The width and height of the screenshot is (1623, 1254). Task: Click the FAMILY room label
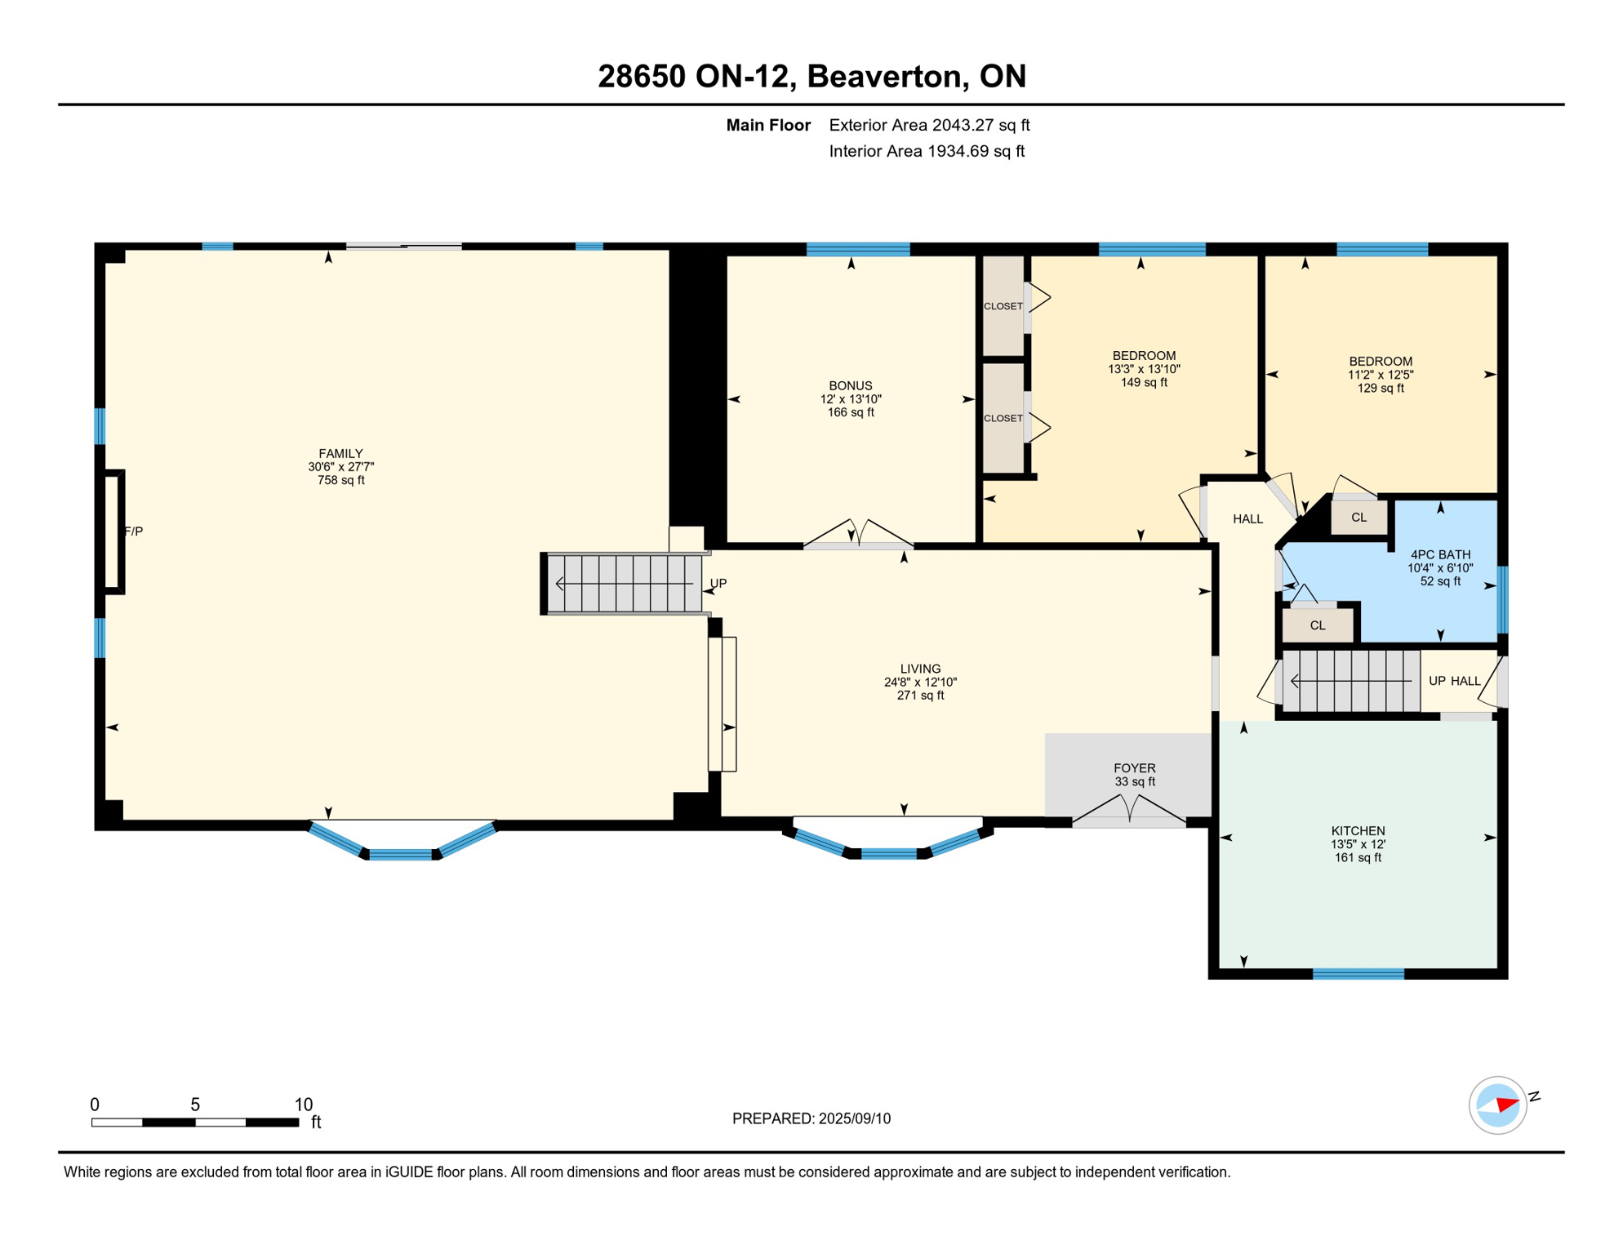point(340,454)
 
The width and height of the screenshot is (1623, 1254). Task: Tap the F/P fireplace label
point(134,531)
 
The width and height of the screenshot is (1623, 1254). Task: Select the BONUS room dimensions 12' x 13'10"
point(851,399)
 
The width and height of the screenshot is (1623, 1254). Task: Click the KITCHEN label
point(1358,831)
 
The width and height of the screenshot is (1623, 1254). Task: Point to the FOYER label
point(1134,768)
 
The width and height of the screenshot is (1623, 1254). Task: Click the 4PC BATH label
point(1440,555)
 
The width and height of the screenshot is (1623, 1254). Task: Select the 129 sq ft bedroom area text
point(1381,389)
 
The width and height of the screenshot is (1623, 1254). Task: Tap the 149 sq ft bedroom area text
point(1144,383)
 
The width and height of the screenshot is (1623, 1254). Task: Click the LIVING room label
point(920,669)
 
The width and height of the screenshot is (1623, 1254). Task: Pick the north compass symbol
point(1498,1105)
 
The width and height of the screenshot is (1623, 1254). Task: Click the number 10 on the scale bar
point(304,1105)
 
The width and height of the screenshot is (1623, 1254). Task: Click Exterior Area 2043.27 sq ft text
point(929,125)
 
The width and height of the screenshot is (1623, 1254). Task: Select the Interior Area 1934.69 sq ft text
point(927,151)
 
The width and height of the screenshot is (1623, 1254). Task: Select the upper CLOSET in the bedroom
point(1003,306)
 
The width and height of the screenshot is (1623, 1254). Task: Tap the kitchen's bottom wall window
point(1358,974)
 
